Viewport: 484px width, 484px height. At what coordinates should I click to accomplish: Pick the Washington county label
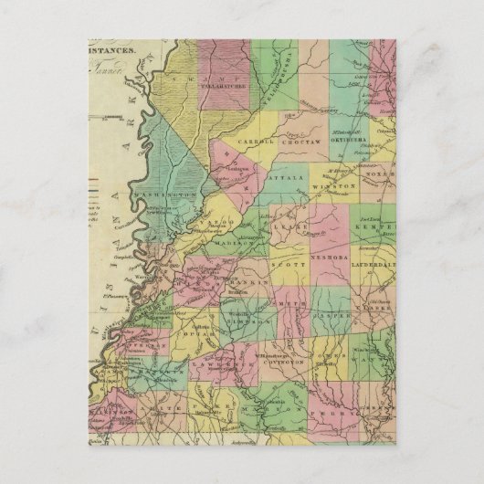(x=165, y=195)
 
